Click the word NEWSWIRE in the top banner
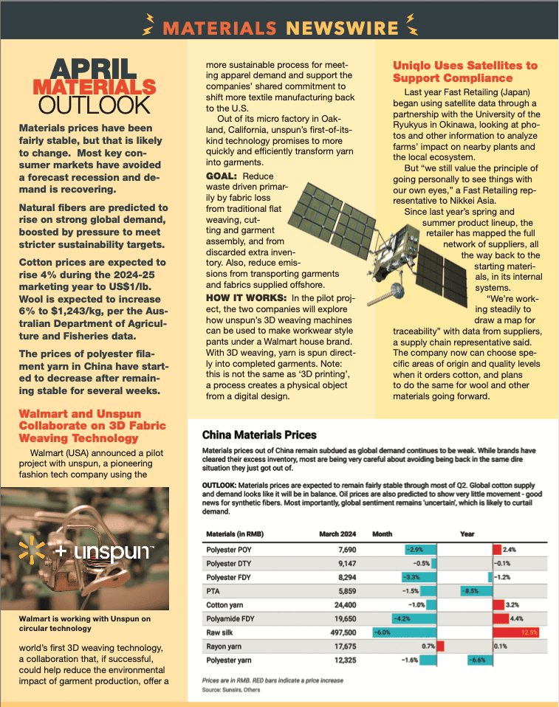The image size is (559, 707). (x=341, y=28)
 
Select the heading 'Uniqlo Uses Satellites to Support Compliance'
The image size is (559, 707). (x=464, y=72)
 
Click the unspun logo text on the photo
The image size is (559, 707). (x=109, y=552)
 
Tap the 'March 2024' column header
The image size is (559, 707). (x=339, y=534)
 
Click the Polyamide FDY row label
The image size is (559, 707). (x=230, y=618)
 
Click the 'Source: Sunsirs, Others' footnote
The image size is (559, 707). (x=230, y=689)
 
